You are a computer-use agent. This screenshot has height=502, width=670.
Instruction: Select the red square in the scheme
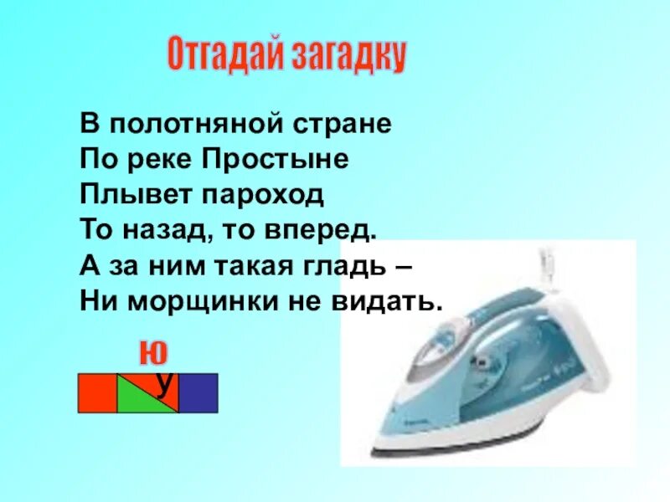(x=97, y=393)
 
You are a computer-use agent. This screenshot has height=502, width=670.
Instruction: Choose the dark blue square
(x=198, y=393)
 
